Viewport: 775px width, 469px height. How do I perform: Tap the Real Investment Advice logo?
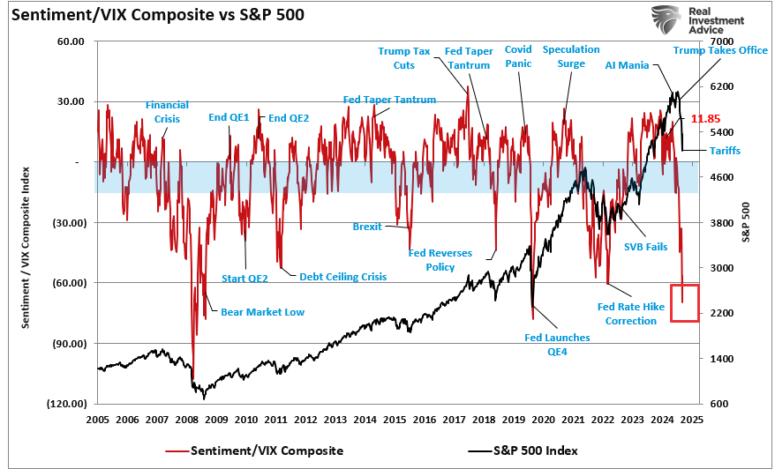(697, 20)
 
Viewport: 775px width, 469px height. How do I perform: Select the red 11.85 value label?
(706, 118)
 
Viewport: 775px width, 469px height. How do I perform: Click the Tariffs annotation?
(725, 151)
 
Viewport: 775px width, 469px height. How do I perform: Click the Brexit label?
(367, 227)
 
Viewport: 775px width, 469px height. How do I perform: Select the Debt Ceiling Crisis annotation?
(342, 276)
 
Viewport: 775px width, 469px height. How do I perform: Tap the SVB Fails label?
(645, 247)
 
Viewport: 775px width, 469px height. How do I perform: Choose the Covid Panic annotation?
(518, 57)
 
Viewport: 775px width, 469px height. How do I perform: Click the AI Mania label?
(627, 65)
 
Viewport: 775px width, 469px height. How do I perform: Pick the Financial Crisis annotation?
(167, 112)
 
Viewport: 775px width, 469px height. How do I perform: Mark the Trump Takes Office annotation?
(720, 50)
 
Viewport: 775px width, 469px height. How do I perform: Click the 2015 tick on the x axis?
(395, 419)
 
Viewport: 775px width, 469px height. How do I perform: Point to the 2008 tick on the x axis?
(187, 419)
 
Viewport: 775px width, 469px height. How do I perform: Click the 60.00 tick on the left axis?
(70, 41)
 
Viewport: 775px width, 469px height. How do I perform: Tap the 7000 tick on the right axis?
(721, 41)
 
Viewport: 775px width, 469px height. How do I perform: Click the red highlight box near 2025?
(684, 302)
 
